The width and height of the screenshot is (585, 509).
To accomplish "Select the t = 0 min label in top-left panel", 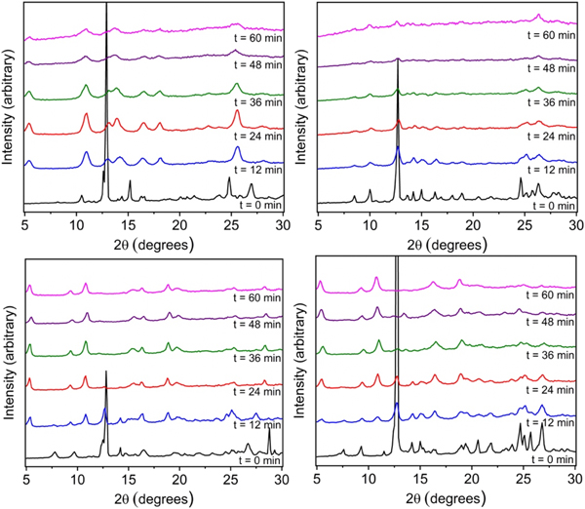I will [256, 205].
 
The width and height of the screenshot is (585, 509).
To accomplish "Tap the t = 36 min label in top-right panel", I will [547, 102].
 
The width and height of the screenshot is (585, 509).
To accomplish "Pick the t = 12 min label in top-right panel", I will [547, 171].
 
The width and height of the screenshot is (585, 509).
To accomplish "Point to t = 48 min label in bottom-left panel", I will [254, 323].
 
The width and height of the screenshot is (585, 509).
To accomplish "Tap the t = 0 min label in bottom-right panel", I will [549, 459].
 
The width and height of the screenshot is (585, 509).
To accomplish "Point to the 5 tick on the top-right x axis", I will [319, 225].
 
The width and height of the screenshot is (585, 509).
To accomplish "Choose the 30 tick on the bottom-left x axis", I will [282, 479].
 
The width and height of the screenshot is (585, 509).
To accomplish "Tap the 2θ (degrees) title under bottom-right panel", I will [446, 497].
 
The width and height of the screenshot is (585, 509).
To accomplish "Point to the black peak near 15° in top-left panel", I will [130, 181].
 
